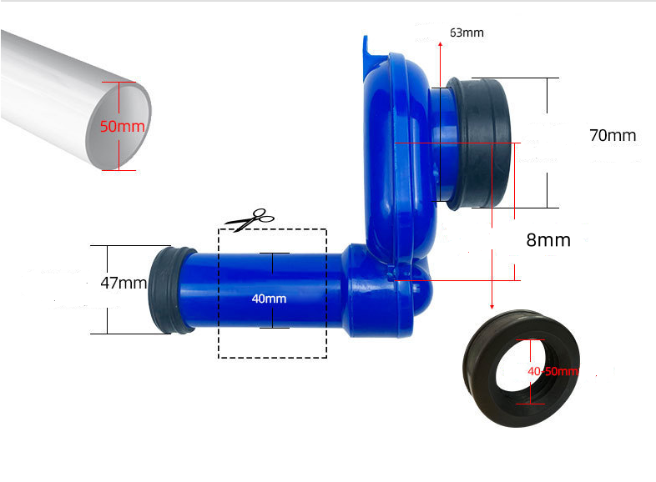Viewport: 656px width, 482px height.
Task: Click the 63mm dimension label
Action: coord(467,33)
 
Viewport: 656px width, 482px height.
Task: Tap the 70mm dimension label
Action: coord(613,135)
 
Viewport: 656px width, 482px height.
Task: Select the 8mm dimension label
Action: coord(548,240)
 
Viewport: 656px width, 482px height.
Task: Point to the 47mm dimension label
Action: coord(124,283)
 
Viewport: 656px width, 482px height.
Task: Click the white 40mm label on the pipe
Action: coord(269,299)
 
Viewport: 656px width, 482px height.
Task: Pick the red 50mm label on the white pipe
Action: coord(122,126)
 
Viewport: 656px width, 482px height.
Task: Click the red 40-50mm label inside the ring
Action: coord(553,371)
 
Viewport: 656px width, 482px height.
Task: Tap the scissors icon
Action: coord(250,219)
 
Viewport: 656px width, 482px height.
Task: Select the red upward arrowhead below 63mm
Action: coord(440,44)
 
